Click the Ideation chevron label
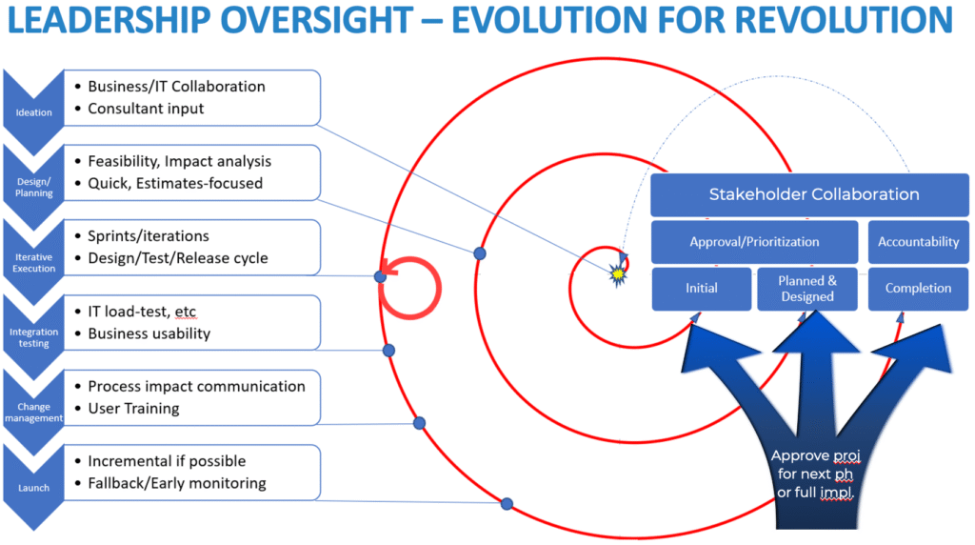pos(34,111)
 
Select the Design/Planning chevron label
pos(34,186)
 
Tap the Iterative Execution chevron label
pos(34,262)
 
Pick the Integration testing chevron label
pos(34,337)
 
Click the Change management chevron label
pos(34,412)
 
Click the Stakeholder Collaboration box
pos(809,195)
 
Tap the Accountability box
pos(918,242)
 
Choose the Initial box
pos(701,288)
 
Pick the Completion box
pos(918,288)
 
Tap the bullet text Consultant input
pos(146,109)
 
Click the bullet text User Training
pos(133,408)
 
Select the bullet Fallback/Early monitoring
pos(176,483)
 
